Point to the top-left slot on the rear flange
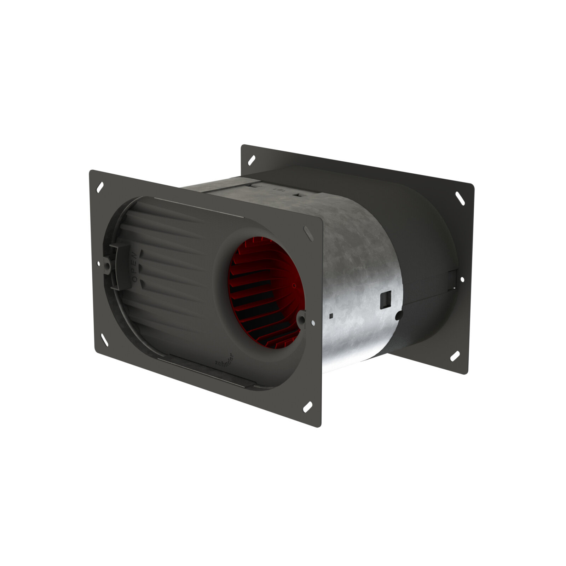(x=251, y=159)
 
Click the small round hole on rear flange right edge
(x=462, y=279)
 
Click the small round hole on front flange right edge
(x=313, y=322)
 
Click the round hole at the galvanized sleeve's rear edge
(x=399, y=313)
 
